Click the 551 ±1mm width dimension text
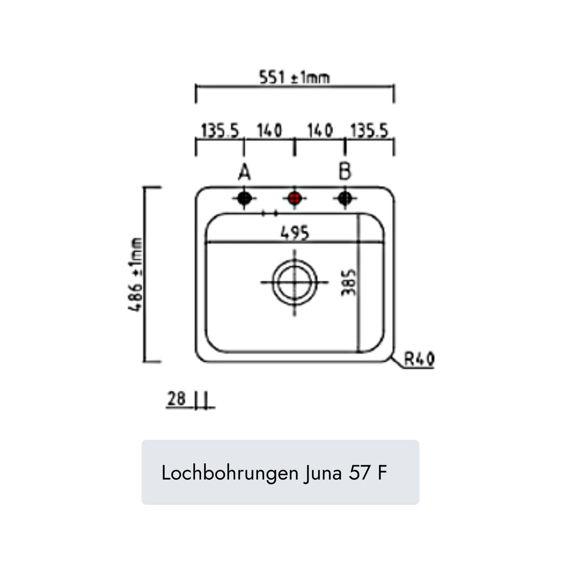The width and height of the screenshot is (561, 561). click(x=295, y=77)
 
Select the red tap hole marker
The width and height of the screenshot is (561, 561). click(x=294, y=199)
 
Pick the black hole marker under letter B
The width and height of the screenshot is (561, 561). click(x=344, y=199)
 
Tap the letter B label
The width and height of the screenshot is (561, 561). click(x=345, y=171)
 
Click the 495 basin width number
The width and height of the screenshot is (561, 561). click(x=295, y=232)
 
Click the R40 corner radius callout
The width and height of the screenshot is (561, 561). click(x=419, y=359)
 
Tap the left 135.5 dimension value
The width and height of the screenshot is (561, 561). click(x=220, y=131)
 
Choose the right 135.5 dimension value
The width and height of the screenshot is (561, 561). click(x=369, y=131)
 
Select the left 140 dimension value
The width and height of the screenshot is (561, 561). click(x=269, y=131)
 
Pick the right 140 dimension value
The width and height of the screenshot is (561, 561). click(x=320, y=131)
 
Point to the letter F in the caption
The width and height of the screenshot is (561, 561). click(x=382, y=473)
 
